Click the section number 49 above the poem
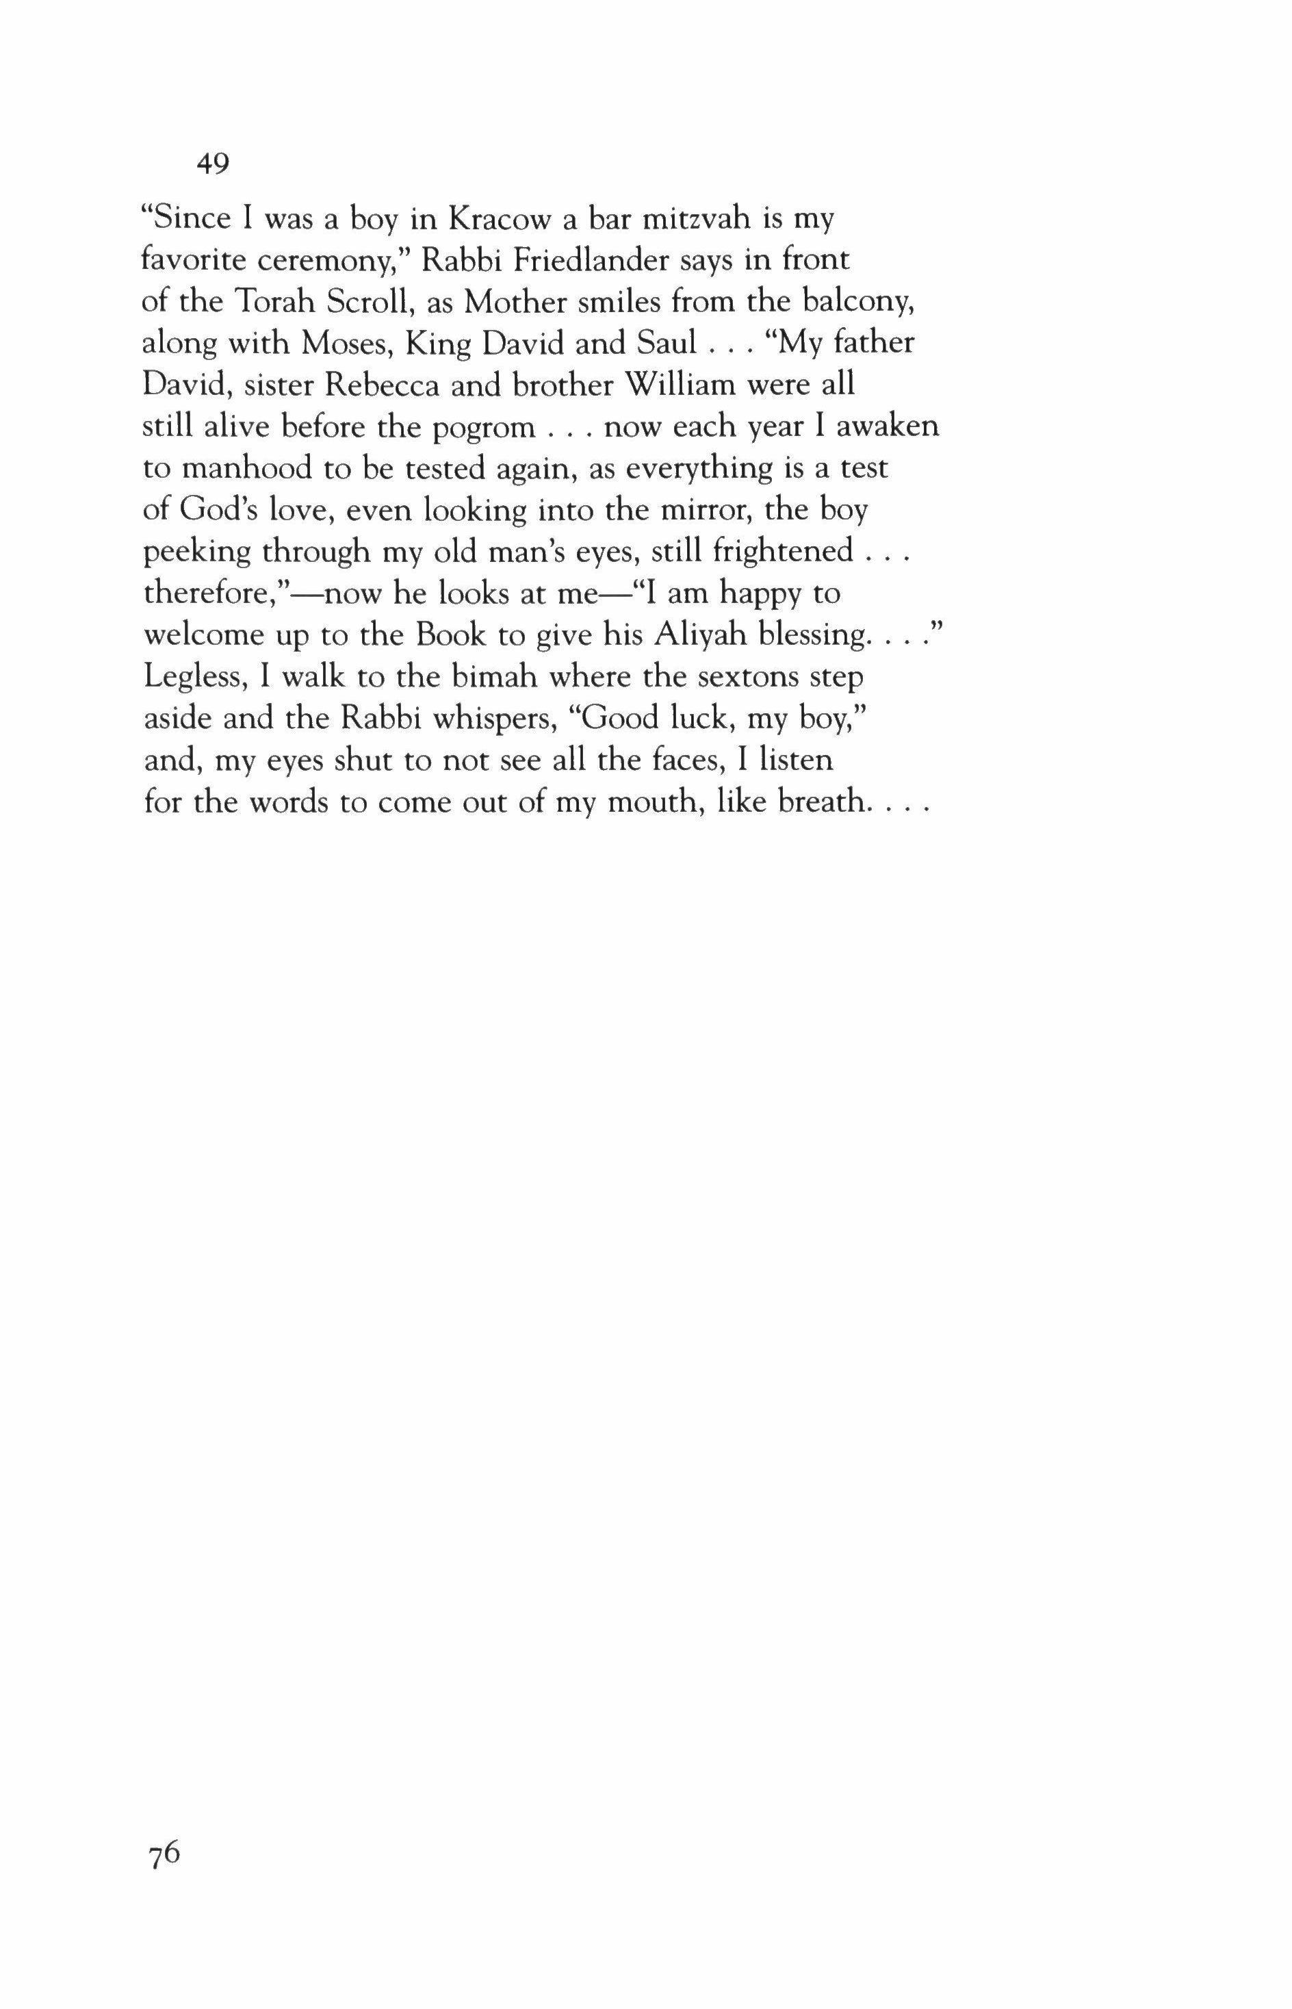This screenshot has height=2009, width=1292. coord(213,164)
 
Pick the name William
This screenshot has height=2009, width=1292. coord(680,385)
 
